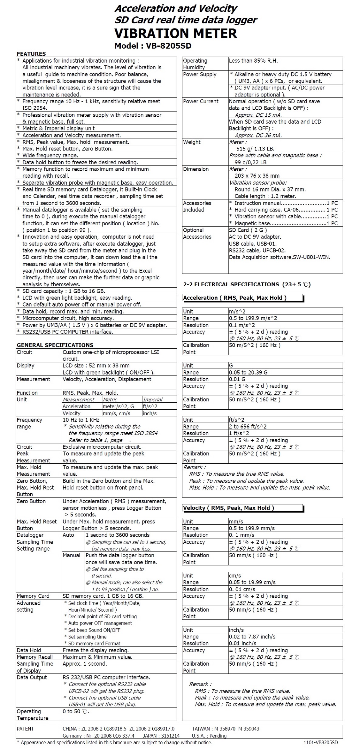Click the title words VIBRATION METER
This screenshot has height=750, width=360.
(176, 34)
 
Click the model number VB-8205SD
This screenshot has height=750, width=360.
(168, 46)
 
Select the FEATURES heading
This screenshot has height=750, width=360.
(31, 54)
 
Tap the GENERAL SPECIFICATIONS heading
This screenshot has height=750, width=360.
(55, 345)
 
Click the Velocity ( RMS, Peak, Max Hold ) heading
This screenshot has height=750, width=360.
(228, 508)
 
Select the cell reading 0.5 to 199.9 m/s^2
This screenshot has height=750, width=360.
(253, 318)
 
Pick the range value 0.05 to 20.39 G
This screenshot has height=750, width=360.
(248, 372)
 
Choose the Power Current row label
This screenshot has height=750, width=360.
(201, 101)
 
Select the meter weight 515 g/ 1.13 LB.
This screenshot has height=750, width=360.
(255, 149)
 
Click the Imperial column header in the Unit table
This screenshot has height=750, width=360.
(153, 399)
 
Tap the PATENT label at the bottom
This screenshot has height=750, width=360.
(25, 729)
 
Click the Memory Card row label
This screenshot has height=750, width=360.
(33, 596)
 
